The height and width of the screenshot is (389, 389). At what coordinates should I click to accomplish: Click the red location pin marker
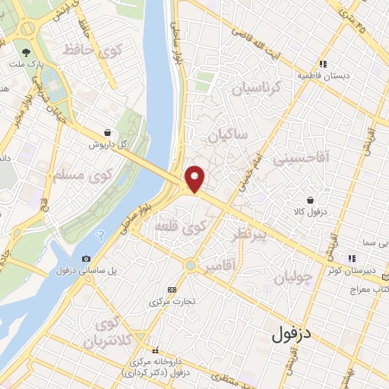click(195, 178)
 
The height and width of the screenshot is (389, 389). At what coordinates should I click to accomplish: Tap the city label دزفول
click(293, 332)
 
